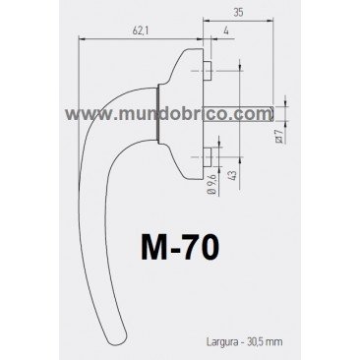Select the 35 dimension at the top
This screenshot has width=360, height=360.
pyautogui.click(x=240, y=13)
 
